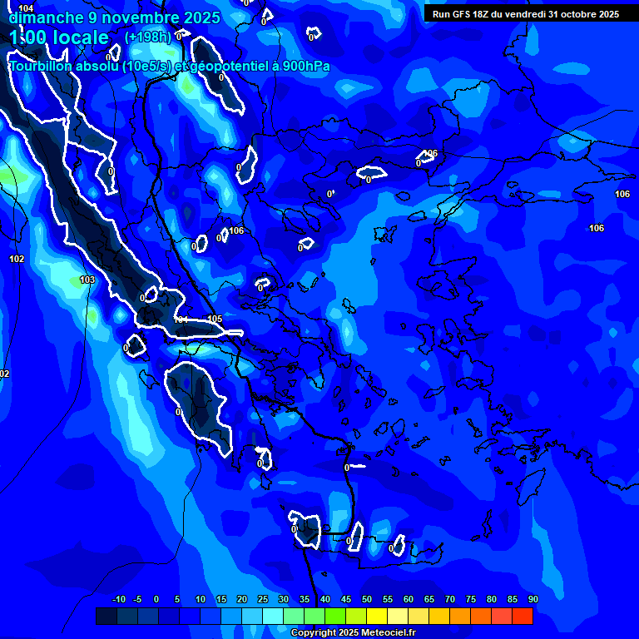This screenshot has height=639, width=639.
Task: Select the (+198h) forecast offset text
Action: pos(147,37)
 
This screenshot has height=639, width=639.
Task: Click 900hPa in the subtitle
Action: pos(305,66)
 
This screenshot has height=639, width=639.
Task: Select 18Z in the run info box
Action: pos(483,13)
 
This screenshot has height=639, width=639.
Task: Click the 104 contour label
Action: pos(26,8)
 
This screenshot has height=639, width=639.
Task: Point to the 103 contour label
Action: pos(87,280)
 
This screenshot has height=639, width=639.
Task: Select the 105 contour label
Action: pos(215,319)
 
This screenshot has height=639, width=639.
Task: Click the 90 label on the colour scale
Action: pos(533,599)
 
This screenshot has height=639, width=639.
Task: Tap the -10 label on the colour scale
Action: pos(119,599)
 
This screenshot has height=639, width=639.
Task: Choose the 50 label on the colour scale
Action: pos(367,599)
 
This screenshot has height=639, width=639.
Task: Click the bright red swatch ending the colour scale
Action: pos(523,616)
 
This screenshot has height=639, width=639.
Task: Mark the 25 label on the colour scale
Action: pos(263,599)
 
